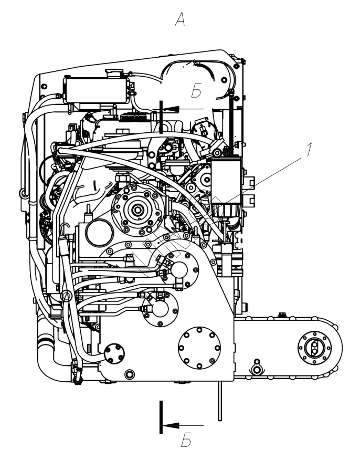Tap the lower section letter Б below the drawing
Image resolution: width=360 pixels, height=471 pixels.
pyautogui.click(x=185, y=442)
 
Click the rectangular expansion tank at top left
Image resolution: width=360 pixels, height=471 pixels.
pyautogui.click(x=95, y=90)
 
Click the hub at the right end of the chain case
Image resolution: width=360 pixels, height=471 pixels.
pyautogui.click(x=314, y=347)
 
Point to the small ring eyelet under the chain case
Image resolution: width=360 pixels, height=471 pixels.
pyautogui.click(x=257, y=363)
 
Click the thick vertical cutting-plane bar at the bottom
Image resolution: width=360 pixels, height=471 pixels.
pyautogui.click(x=161, y=417)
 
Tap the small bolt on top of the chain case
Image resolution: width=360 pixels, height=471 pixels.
pyautogui.click(x=282, y=315)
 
